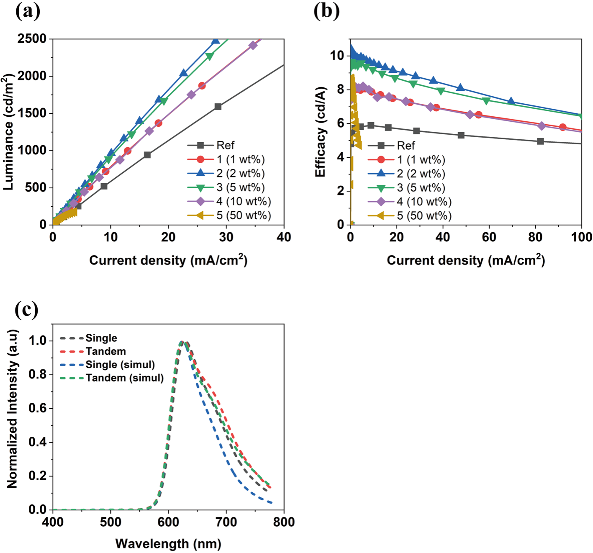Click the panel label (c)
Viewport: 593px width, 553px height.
click(x=27, y=310)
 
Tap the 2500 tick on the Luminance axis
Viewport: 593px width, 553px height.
click(x=32, y=38)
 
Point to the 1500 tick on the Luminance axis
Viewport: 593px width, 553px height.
click(x=32, y=113)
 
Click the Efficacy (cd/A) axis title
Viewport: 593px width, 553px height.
click(x=321, y=132)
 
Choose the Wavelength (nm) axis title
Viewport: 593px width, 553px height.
click(x=168, y=543)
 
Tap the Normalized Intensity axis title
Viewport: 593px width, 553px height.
click(x=12, y=409)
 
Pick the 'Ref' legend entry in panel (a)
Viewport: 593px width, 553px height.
click(x=211, y=146)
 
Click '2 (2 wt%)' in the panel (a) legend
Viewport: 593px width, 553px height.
click(x=226, y=174)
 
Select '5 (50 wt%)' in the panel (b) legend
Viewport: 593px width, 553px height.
click(x=410, y=215)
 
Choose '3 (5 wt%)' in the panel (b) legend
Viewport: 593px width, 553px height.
click(x=407, y=187)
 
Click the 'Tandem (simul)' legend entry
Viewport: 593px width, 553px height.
click(x=112, y=378)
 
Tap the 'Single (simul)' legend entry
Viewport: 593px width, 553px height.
click(x=107, y=365)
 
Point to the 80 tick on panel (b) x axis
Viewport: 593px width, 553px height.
click(x=535, y=237)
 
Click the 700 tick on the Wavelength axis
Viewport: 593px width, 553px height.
click(x=226, y=522)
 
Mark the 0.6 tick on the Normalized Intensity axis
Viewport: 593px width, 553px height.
click(x=38, y=408)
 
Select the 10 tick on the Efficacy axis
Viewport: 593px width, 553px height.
click(x=337, y=56)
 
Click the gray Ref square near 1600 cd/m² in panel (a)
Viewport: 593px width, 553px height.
click(x=218, y=107)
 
